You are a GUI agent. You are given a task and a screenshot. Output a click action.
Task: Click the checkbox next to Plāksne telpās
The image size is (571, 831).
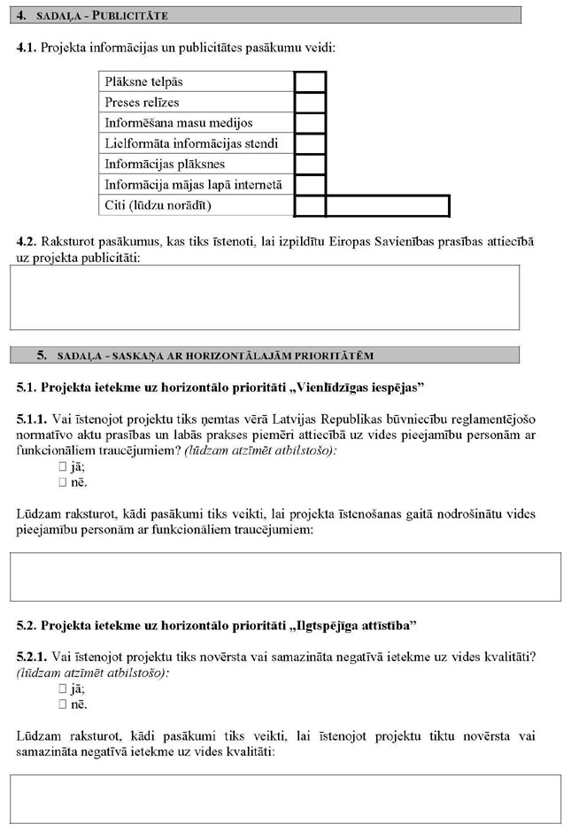click(310, 82)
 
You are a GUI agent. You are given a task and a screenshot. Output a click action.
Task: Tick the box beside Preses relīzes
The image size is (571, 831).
click(310, 103)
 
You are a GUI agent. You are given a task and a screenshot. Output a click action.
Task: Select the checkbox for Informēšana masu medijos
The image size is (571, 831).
click(310, 123)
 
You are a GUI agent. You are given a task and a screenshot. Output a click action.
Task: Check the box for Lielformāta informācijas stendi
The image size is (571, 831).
click(310, 143)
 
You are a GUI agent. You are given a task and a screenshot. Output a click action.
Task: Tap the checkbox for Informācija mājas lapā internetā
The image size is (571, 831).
click(310, 185)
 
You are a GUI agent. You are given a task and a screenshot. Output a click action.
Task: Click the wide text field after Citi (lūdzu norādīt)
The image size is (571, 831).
click(388, 205)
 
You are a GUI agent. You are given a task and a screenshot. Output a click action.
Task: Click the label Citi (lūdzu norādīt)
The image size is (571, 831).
click(159, 205)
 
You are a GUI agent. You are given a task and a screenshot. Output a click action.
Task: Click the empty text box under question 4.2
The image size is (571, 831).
click(265, 297)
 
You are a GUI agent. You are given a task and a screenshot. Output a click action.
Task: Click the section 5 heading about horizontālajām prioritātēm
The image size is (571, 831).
click(266, 355)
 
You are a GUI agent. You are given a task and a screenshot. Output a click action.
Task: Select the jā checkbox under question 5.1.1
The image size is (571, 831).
click(63, 466)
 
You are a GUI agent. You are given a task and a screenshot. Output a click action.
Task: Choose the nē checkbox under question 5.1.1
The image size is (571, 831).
click(63, 482)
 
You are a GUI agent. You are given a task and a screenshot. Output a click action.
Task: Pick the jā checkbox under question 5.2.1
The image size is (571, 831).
click(63, 688)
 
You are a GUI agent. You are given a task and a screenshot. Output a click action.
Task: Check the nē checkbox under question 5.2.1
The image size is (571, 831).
click(63, 704)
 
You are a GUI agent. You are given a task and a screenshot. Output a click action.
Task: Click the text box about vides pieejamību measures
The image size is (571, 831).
click(285, 576)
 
